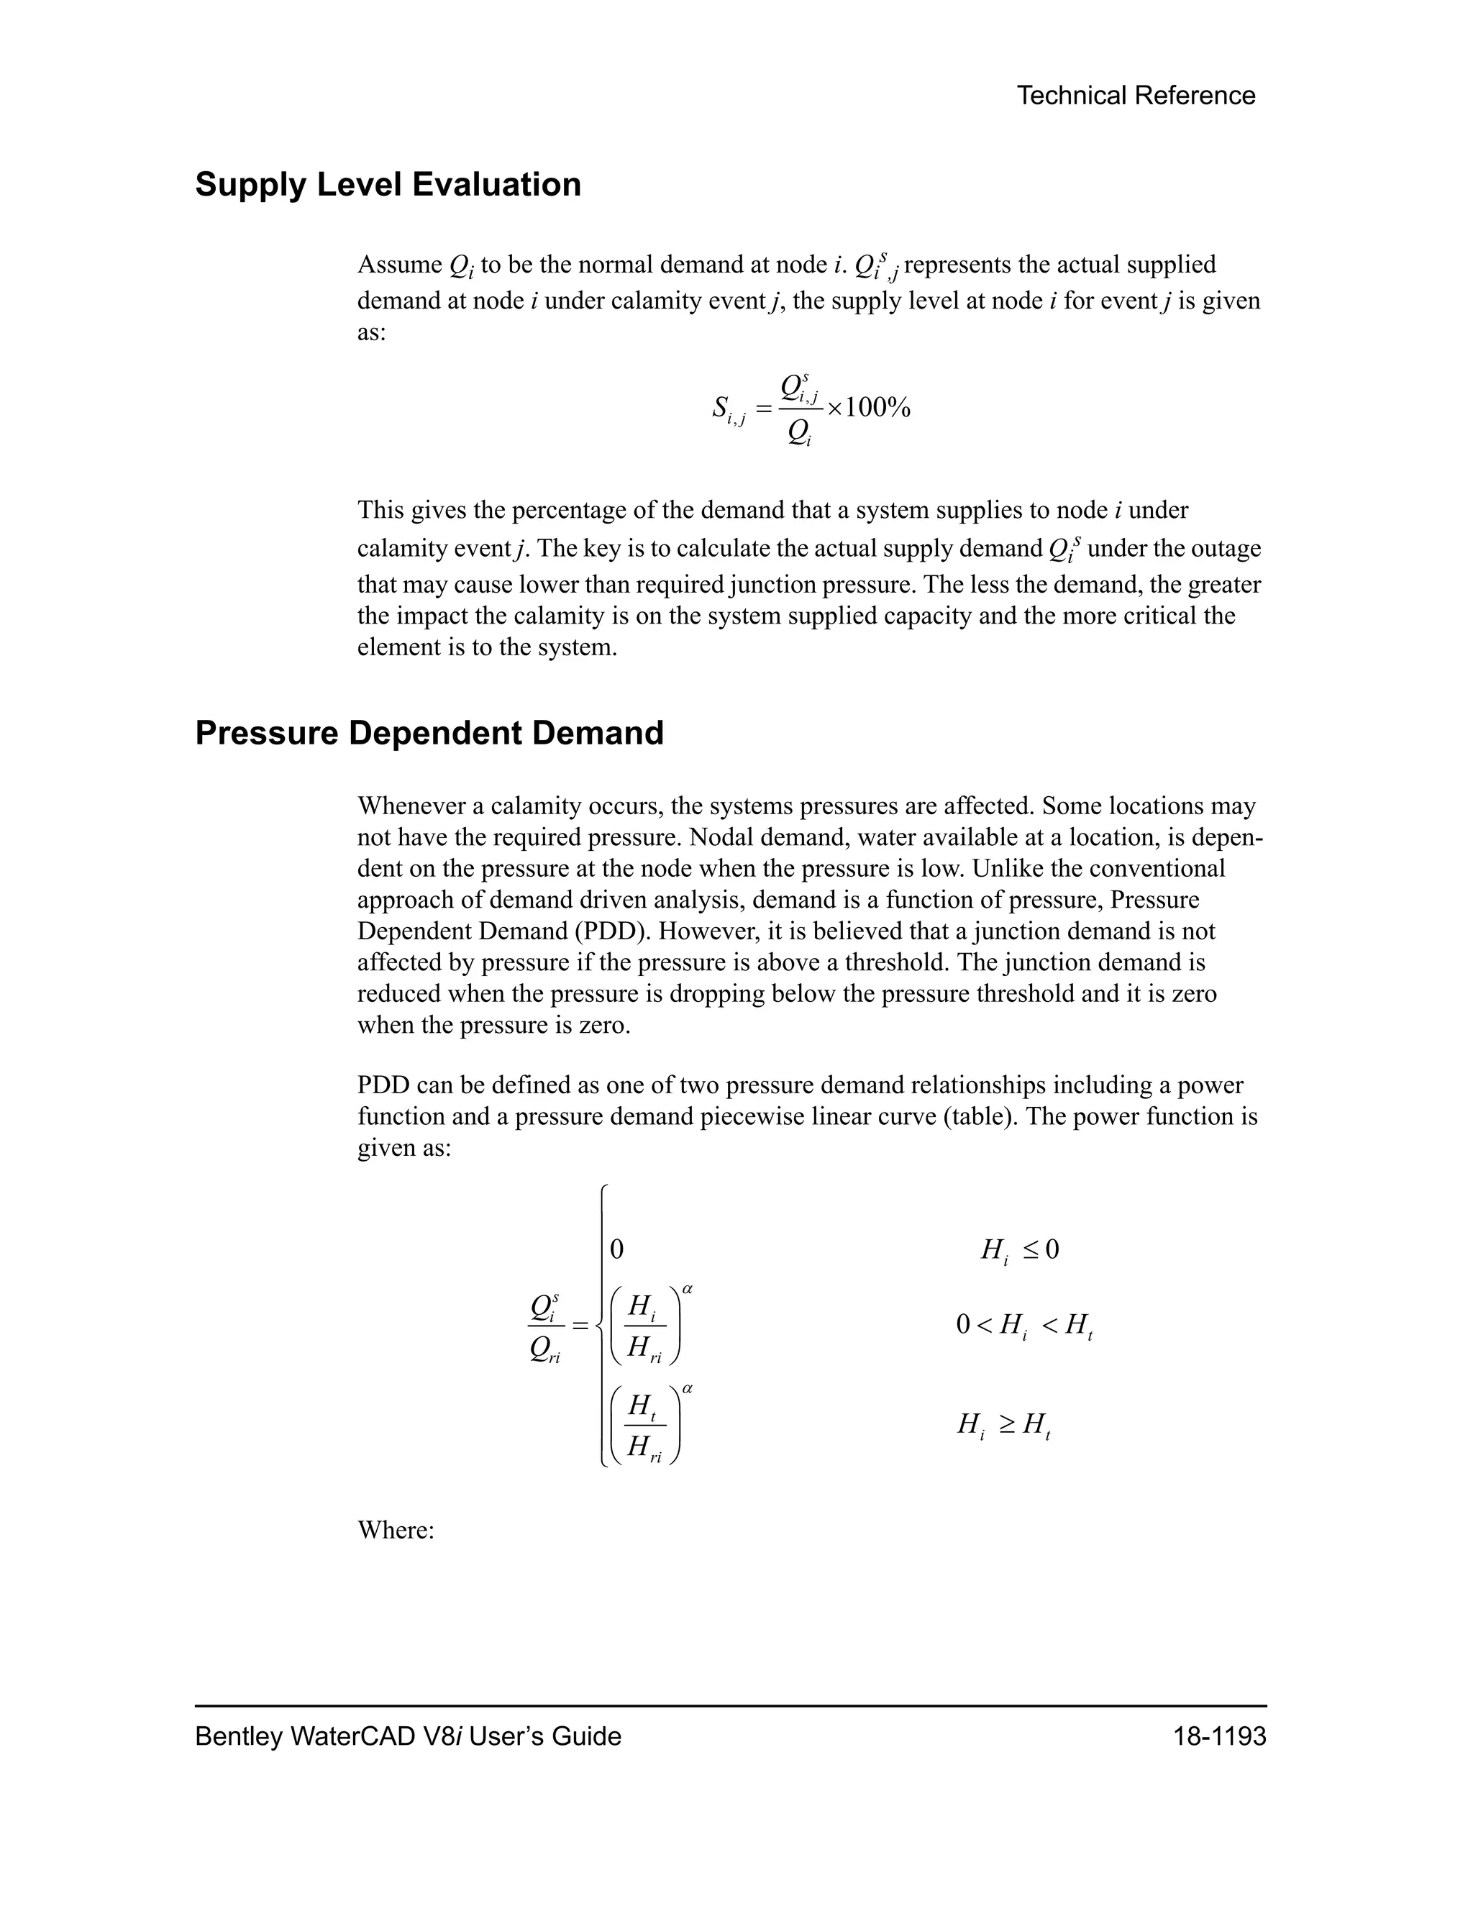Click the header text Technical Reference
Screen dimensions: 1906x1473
pyautogui.click(x=1135, y=96)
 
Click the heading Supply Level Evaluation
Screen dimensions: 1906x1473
pyautogui.click(x=388, y=185)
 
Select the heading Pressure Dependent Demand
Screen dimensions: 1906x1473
pyautogui.click(x=429, y=733)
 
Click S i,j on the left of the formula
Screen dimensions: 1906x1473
pyautogui.click(x=728, y=409)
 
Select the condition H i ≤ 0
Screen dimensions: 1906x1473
pyautogui.click(x=1019, y=1250)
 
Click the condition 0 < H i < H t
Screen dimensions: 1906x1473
pyautogui.click(x=1023, y=1326)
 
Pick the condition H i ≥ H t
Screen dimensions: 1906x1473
pyautogui.click(x=1003, y=1425)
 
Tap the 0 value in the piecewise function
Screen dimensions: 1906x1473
pyautogui.click(x=616, y=1250)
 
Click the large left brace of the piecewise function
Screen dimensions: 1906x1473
pyautogui.click(x=601, y=1326)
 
